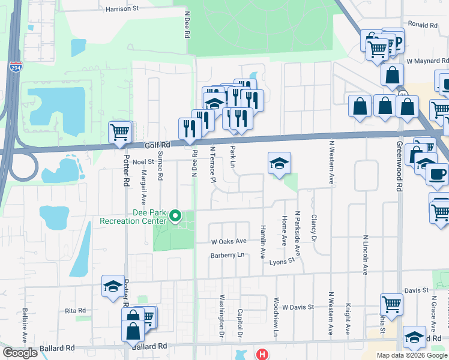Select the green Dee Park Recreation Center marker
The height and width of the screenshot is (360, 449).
click(x=175, y=215)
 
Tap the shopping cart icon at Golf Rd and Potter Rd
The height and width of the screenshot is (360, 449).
click(x=119, y=131)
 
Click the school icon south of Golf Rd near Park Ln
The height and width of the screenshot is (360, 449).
click(x=279, y=163)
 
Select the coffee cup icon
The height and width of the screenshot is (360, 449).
click(x=436, y=174)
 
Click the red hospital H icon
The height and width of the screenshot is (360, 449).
click(x=262, y=354)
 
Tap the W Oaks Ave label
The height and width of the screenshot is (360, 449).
click(x=229, y=241)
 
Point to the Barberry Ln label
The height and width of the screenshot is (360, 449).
click(x=228, y=255)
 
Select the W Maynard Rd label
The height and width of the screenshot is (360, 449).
click(x=427, y=61)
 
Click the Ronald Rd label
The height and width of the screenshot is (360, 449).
click(x=423, y=25)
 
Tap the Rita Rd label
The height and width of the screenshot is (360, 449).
click(x=76, y=310)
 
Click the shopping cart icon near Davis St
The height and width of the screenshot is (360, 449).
click(x=391, y=304)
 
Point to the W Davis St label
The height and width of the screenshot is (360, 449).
click(x=298, y=307)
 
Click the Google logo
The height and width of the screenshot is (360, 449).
click(x=20, y=353)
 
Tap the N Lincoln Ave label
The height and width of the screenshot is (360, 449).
click(x=365, y=254)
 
